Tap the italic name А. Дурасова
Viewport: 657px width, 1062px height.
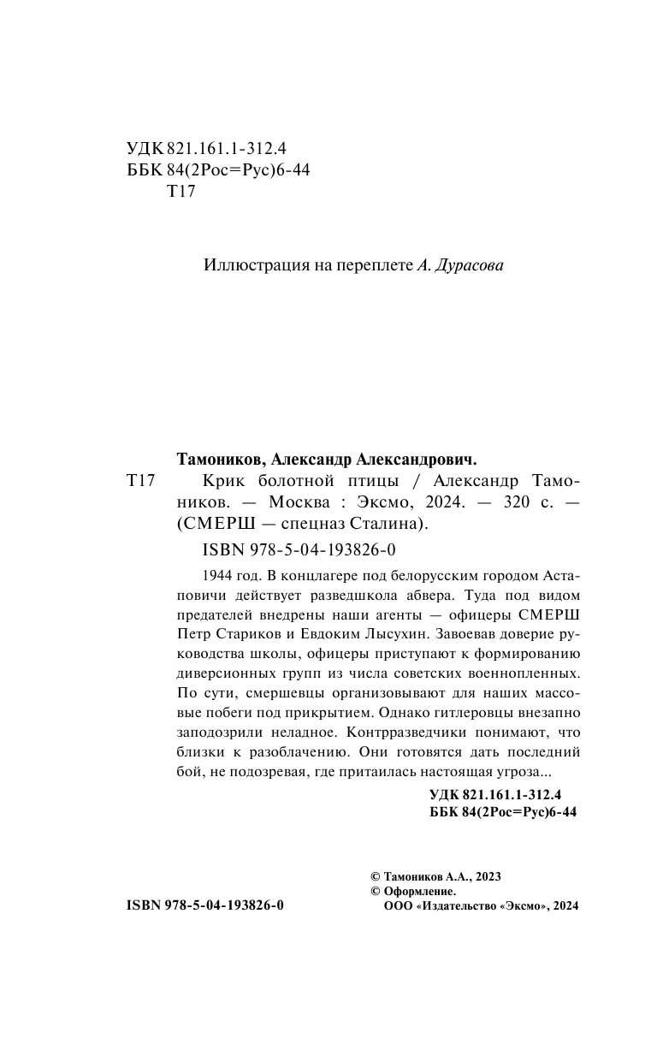coord(460,265)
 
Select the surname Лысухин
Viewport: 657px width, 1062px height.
coord(388,635)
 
